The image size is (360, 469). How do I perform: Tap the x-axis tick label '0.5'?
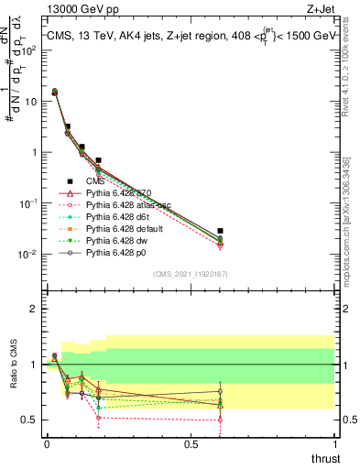(191, 443)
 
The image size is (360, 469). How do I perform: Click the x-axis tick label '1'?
(335, 443)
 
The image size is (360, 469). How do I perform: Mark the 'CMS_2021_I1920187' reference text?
(191, 274)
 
